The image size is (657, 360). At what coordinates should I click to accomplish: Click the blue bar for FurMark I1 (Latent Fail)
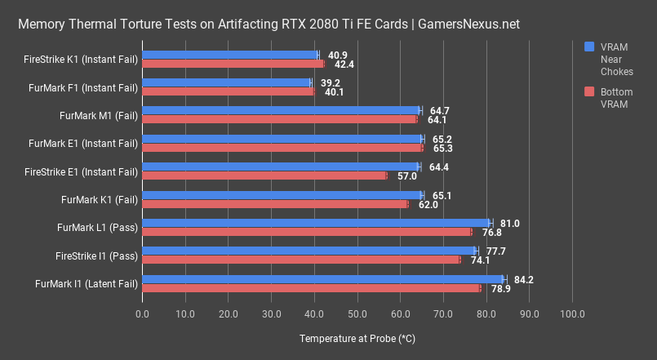click(323, 279)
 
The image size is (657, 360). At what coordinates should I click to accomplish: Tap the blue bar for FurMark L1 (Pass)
click(317, 223)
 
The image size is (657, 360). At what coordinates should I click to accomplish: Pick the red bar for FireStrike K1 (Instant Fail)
click(233, 64)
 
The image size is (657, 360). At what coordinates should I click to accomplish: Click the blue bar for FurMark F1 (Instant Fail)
click(227, 82)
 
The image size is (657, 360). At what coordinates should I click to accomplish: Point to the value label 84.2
click(523, 279)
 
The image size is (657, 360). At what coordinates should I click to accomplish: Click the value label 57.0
click(406, 176)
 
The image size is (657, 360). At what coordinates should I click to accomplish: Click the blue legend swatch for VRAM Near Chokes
click(589, 47)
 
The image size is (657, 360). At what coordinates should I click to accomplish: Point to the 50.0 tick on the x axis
click(357, 313)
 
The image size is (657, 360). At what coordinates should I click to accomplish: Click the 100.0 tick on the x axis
click(572, 313)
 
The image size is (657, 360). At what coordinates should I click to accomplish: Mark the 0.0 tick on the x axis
click(143, 313)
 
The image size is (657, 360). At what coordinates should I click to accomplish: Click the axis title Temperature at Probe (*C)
click(357, 338)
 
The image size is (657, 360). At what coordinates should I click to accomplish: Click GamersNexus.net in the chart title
click(468, 24)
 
